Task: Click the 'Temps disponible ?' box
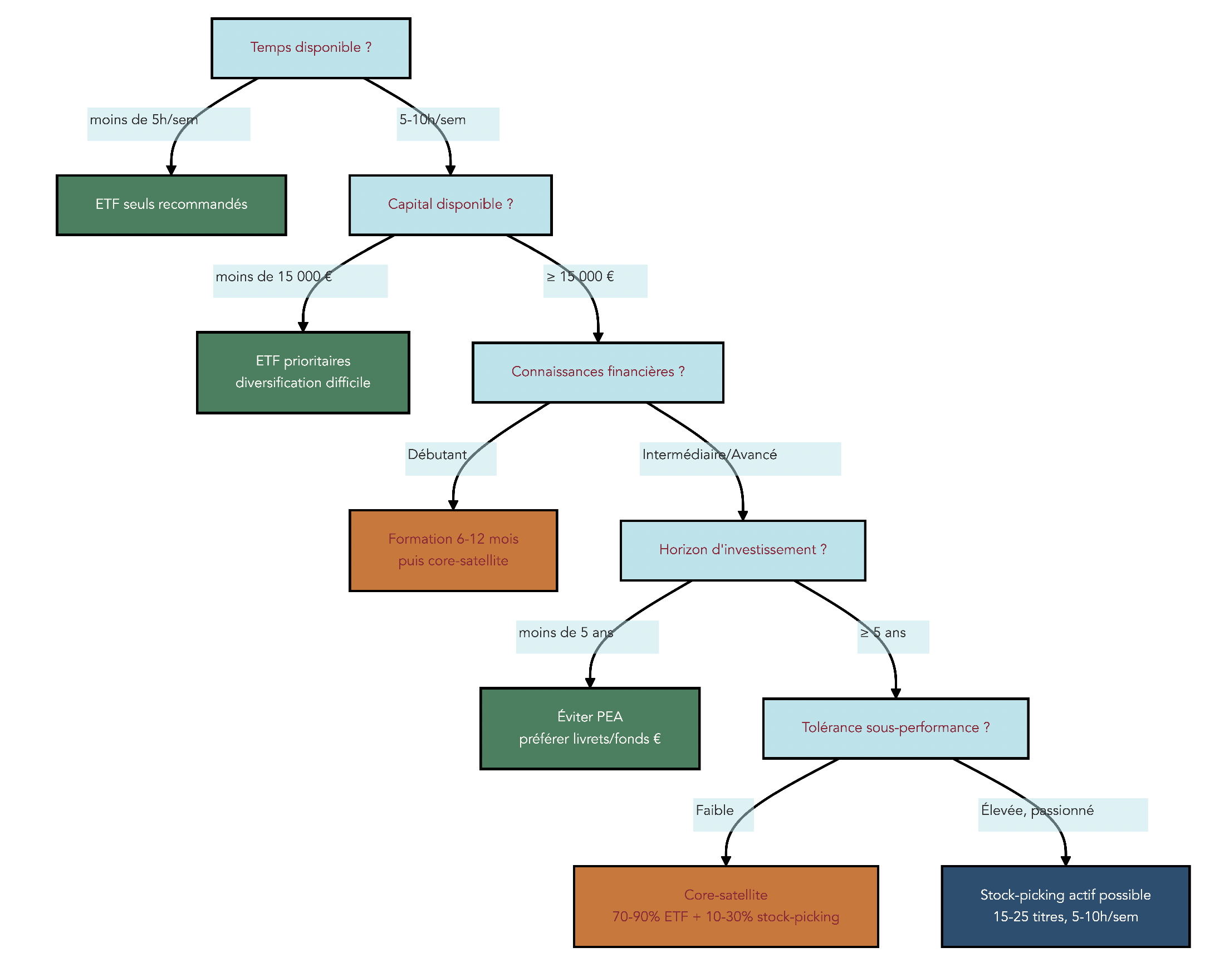[311, 48]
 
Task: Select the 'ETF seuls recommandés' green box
[171, 205]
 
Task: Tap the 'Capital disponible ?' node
[450, 205]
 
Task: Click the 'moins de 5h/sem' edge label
[144, 120]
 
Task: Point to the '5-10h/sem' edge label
[433, 120]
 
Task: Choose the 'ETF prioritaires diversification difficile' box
[303, 373]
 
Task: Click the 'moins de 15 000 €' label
[273, 277]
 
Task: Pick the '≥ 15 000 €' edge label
[580, 277]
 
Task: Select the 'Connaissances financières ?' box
[597, 372]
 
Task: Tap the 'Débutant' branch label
[437, 455]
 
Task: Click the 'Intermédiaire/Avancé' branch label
[709, 455]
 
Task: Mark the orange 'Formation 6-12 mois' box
[453, 550]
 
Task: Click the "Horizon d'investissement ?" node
[743, 550]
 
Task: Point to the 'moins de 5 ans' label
[566, 633]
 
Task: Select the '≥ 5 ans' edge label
[883, 633]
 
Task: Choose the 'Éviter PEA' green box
[590, 729]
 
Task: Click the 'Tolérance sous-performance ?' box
[895, 729]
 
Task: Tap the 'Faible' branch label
[715, 811]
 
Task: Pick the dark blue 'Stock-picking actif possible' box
[1065, 907]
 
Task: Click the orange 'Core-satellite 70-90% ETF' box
[726, 907]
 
